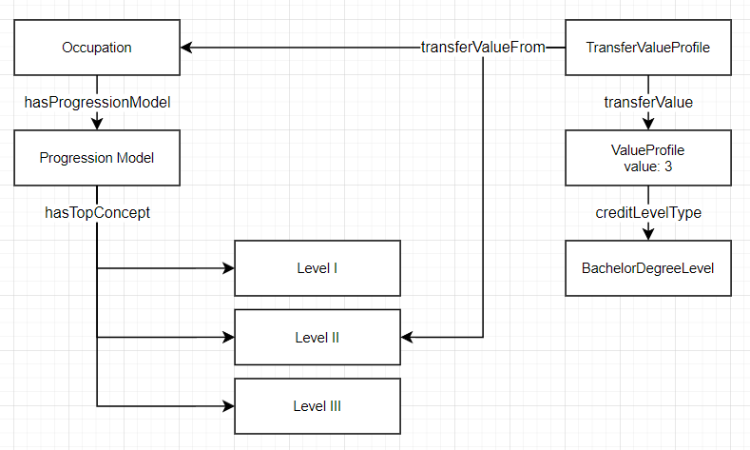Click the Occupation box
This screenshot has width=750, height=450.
(96, 48)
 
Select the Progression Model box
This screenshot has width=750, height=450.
(96, 158)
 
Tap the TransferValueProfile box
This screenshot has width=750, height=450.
(647, 48)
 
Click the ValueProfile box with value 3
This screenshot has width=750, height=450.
(647, 158)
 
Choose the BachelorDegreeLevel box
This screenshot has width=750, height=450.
(647, 268)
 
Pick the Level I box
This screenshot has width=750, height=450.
(317, 268)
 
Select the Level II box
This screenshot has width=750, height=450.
(317, 337)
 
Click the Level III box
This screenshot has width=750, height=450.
(317, 406)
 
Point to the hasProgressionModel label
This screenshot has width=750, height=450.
(96, 102)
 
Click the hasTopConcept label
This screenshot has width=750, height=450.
(96, 213)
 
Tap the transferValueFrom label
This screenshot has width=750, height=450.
(483, 48)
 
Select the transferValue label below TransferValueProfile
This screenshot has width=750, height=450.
(648, 102)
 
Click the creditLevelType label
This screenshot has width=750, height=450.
(648, 213)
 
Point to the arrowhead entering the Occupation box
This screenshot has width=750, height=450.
(186, 48)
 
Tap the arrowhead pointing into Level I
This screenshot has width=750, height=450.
(228, 268)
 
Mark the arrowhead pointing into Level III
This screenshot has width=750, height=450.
(228, 406)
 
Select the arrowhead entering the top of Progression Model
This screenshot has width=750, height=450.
(96, 125)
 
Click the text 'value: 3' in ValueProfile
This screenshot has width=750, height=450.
(647, 166)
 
